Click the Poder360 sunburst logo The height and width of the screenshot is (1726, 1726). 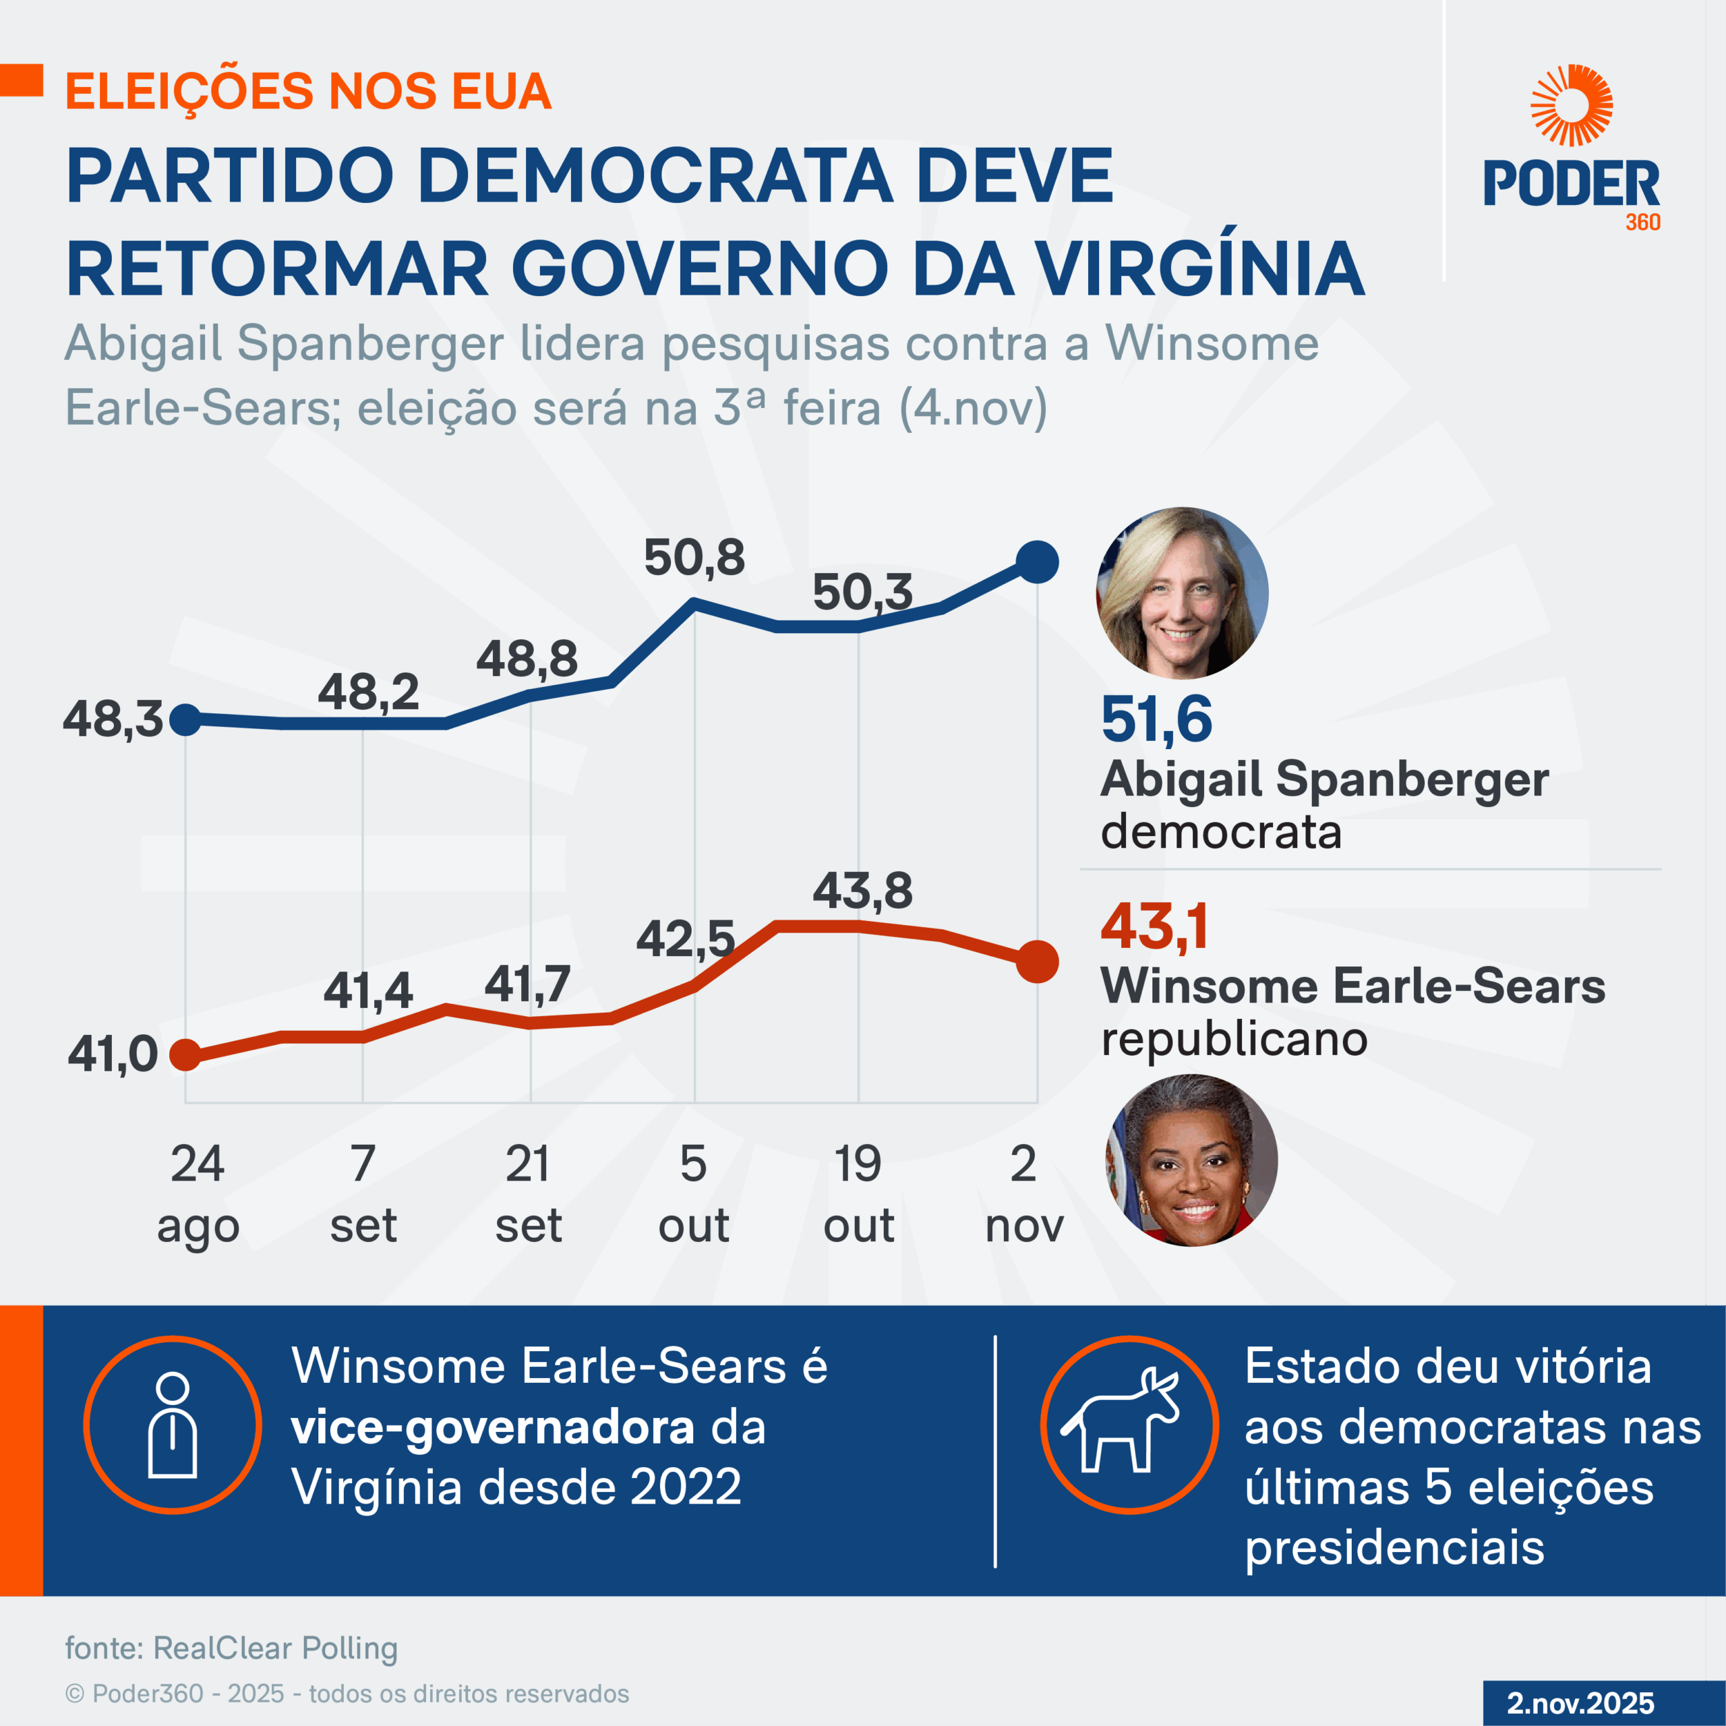tap(1572, 105)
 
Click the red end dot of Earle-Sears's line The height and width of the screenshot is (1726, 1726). tap(1037, 962)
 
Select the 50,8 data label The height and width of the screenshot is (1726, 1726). tap(694, 558)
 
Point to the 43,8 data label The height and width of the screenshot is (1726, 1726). tap(862, 891)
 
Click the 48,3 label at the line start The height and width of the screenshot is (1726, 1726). tap(113, 719)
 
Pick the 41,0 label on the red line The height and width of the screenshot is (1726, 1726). tap(113, 1054)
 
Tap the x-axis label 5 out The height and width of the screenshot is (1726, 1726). tap(693, 1195)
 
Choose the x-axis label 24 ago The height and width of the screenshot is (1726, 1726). tap(198, 1195)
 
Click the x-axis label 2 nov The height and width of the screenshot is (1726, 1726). tap(1024, 1195)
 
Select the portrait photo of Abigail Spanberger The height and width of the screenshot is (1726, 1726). tap(1182, 593)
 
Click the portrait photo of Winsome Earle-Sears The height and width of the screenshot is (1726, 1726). tap(1192, 1160)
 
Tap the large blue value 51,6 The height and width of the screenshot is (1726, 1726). tap(1156, 719)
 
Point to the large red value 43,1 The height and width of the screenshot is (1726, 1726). tap(1154, 926)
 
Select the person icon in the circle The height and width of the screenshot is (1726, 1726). tap(173, 1424)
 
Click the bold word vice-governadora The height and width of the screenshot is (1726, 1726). tap(492, 1427)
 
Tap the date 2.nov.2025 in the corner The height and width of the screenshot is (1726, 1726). tap(1580, 1703)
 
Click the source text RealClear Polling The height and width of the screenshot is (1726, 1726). tap(275, 1647)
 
